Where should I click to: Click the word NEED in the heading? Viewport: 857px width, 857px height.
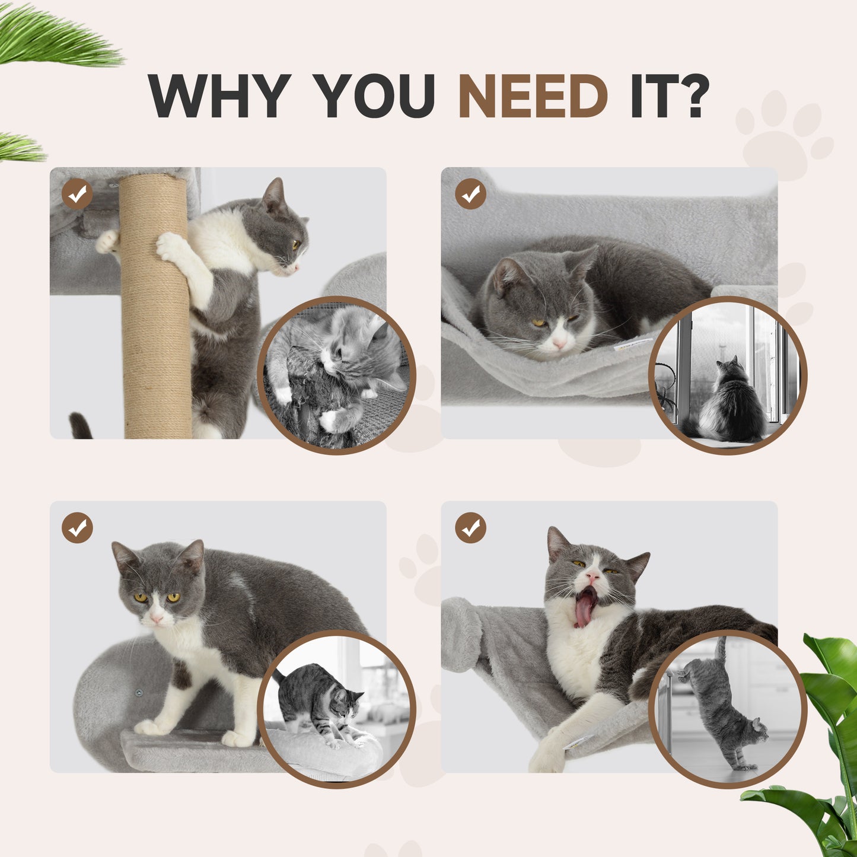click(x=533, y=96)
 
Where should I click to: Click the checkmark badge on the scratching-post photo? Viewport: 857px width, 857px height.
click(x=77, y=193)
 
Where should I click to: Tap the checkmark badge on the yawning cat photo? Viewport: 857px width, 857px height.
click(x=470, y=528)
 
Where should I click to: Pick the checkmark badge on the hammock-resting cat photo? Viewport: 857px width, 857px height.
click(x=470, y=194)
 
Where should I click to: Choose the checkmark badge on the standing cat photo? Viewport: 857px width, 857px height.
click(x=77, y=528)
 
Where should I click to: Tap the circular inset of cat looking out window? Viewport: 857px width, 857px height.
click(x=728, y=375)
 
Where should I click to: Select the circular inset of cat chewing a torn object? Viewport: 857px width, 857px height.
click(x=336, y=375)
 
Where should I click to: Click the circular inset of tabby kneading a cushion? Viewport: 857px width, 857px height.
click(x=336, y=709)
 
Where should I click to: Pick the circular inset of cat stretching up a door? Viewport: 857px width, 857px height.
click(x=728, y=709)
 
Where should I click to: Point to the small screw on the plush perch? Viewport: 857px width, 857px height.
click(x=139, y=692)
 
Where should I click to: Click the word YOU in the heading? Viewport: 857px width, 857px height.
click(x=374, y=96)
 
